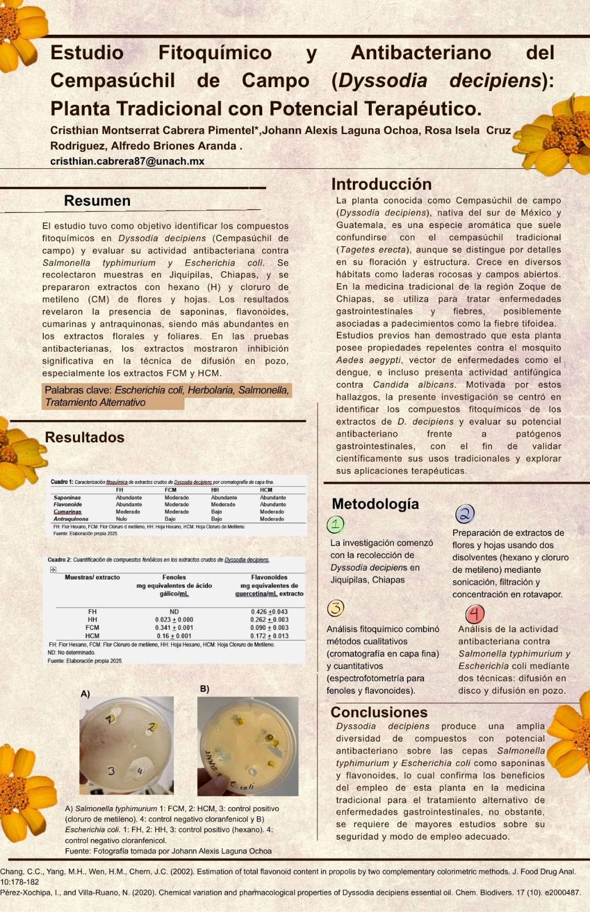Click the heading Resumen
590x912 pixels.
[x=97, y=201]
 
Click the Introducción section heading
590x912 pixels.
[x=381, y=184]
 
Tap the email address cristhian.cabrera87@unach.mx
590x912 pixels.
[x=127, y=161]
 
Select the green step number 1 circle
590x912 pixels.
[x=335, y=524]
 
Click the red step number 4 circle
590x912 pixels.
[x=474, y=614]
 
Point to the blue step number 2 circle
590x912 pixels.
[x=465, y=514]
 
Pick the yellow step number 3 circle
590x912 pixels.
[x=336, y=608]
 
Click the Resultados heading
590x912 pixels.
[x=84, y=437]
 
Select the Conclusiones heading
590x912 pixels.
[x=379, y=712]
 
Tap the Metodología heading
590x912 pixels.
[x=375, y=504]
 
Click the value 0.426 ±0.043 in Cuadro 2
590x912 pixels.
[x=269, y=612]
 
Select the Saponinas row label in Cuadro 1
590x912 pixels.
[x=67, y=498]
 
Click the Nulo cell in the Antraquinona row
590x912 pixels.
[x=121, y=519]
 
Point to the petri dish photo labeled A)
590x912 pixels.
[x=126, y=745]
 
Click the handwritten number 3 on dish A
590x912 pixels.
[x=111, y=771]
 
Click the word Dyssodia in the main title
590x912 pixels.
[x=383, y=80]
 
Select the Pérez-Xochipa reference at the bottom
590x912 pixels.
[x=290, y=893]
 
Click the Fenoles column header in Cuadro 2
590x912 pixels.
[x=174, y=577]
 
